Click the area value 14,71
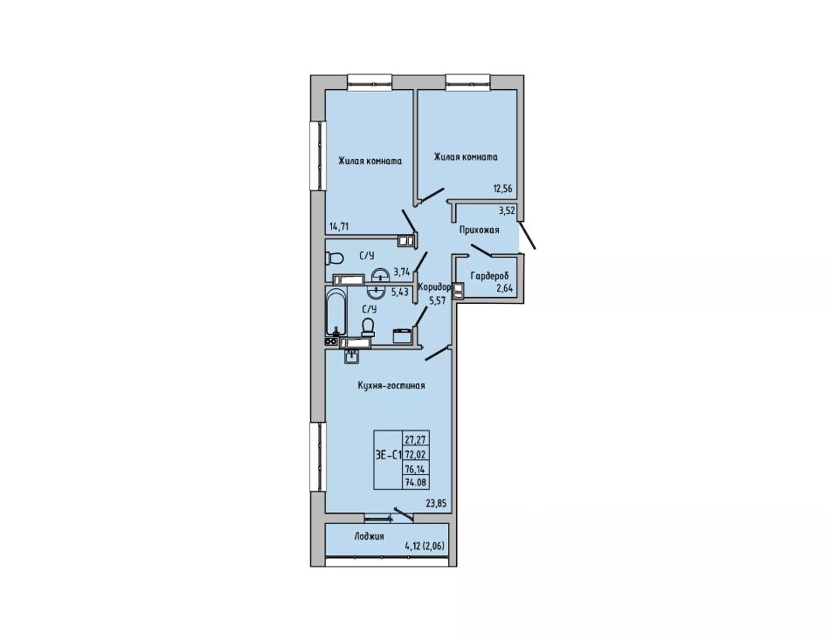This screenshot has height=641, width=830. (339, 227)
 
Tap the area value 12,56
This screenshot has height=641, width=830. (503, 188)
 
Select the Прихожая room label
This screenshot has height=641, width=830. (479, 231)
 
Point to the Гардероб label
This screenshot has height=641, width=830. (489, 276)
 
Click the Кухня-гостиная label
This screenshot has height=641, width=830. (391, 385)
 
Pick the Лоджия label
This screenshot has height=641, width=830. (369, 536)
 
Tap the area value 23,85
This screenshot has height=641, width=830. (437, 503)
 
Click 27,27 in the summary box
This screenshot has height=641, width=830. (417, 438)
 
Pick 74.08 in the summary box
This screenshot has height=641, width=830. (417, 482)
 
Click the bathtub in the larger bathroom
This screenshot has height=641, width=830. (335, 313)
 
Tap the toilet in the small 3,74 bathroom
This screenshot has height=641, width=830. (334, 258)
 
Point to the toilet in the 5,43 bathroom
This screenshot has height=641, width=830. (369, 327)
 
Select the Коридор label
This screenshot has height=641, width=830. (434, 287)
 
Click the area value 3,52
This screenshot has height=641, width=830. (507, 210)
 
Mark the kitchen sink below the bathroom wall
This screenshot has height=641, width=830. (352, 356)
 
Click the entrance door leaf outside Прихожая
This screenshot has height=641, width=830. (527, 235)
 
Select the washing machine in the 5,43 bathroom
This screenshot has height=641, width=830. (402, 336)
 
